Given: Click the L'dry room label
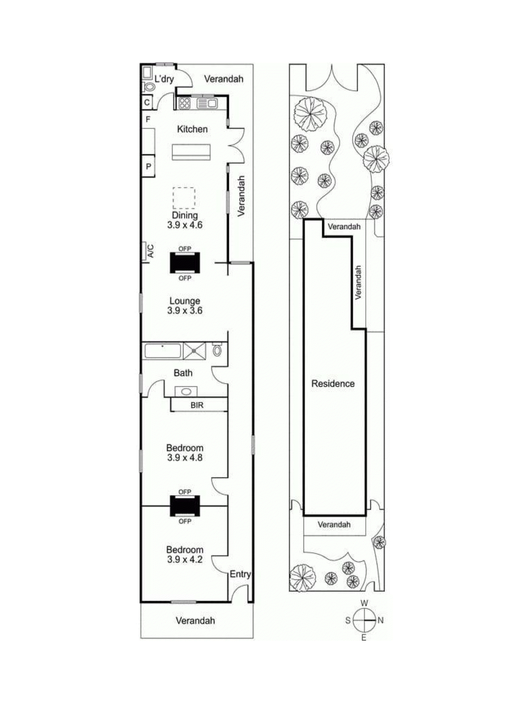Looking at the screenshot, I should pyautogui.click(x=164, y=79).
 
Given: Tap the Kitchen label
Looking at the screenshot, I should pyautogui.click(x=192, y=129).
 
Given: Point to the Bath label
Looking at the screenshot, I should pyautogui.click(x=183, y=373).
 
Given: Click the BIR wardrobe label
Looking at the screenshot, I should pyautogui.click(x=197, y=405).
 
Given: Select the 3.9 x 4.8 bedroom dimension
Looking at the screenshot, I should pyautogui.click(x=185, y=458).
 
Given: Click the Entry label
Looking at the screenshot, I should pyautogui.click(x=240, y=574).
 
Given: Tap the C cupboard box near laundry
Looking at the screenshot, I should pyautogui.click(x=147, y=102).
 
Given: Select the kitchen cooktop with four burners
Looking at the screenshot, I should pyautogui.click(x=184, y=103).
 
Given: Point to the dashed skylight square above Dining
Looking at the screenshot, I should pyautogui.click(x=184, y=198).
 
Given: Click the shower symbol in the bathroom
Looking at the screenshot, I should pyautogui.click(x=194, y=351).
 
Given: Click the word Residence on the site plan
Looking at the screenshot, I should pyautogui.click(x=333, y=384).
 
